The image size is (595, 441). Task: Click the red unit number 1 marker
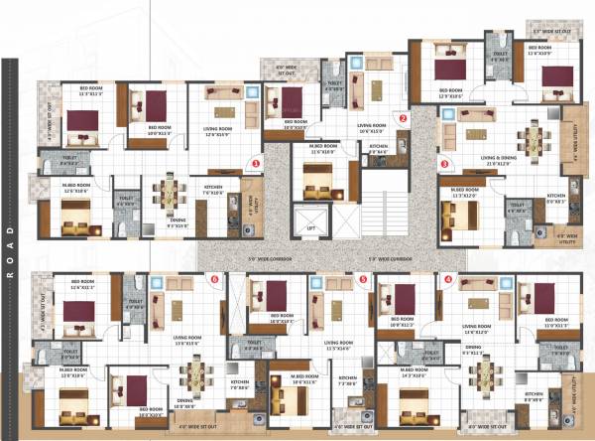pyautogui.click(x=256, y=161)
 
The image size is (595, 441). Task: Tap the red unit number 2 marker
pyautogui.click(x=404, y=118)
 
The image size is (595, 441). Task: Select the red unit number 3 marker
pyautogui.click(x=445, y=164)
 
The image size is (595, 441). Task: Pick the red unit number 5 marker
pyautogui.click(x=363, y=280)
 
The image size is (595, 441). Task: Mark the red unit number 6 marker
pyautogui.click(x=215, y=280)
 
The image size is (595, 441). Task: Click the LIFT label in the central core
pyautogui.click(x=310, y=229)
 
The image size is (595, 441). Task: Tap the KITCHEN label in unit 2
pyautogui.click(x=378, y=148)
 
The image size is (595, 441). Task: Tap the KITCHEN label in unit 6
pyautogui.click(x=239, y=383)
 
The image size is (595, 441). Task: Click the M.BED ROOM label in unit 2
pyautogui.click(x=317, y=151)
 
